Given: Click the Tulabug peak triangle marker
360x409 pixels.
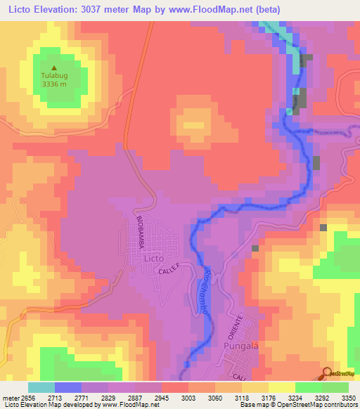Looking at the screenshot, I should coord(53,67).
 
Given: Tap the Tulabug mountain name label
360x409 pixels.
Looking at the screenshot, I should coord(53,75).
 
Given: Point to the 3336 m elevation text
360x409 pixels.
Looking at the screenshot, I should coord(53,84).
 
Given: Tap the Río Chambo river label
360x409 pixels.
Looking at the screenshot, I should coord(207,292).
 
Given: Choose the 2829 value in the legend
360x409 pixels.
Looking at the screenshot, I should coord(108,397).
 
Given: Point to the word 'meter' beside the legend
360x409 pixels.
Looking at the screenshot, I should coord(9,397).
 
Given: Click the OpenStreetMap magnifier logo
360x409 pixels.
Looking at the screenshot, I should coord(328,373).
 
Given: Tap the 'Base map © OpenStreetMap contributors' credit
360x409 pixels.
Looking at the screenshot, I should coord(299,405).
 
